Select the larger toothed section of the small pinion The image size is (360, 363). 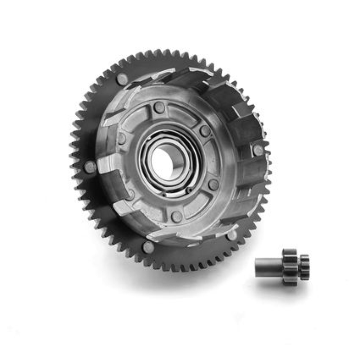coord(289,266)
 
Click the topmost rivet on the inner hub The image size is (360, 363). coord(159,108)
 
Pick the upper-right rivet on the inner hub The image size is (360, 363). coord(205,131)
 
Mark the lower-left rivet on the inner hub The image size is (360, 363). coord(131,194)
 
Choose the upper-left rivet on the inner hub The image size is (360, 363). coord(122,138)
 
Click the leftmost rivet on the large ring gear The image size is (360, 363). coord(90,167)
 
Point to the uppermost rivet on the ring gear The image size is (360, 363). coord(122,78)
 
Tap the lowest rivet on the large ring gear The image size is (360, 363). coord(148,247)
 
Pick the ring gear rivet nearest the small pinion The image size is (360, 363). coord(232,235)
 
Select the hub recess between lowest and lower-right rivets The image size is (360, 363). coord(200,206)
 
